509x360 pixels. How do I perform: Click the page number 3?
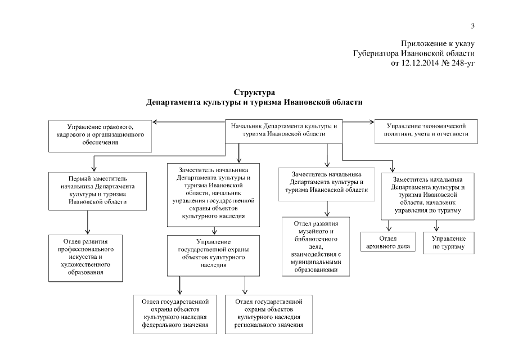[473, 25]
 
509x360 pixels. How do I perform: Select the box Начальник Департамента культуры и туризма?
[284, 130]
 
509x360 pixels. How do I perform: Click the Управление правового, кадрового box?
[101, 136]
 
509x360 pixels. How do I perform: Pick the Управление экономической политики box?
[426, 131]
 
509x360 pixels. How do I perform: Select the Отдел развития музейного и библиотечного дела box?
[316, 247]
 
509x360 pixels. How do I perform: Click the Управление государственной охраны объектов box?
[213, 255]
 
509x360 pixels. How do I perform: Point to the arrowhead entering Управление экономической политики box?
[372, 120]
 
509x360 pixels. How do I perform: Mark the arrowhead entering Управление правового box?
[155, 120]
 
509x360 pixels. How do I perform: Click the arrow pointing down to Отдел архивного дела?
[388, 228]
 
